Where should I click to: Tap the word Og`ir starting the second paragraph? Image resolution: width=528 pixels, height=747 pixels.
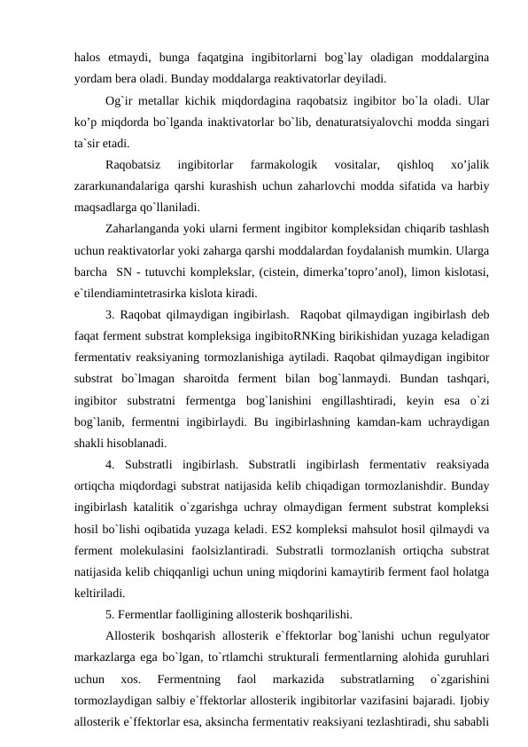click(119, 100)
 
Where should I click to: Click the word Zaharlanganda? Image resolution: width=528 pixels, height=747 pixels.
click(145, 229)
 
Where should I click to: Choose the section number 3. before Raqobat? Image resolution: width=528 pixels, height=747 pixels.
click(110, 314)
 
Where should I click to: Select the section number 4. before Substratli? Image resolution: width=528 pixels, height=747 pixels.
click(110, 464)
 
